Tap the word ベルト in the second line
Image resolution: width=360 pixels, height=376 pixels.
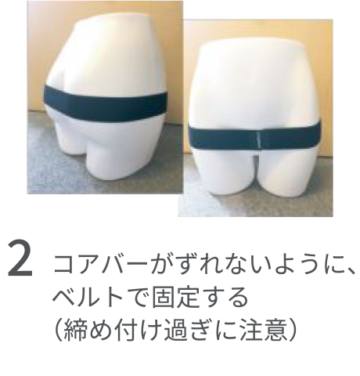point(88,297)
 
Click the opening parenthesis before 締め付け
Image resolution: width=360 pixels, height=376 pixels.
point(59,330)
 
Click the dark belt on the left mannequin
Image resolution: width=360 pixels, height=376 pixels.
point(105,103)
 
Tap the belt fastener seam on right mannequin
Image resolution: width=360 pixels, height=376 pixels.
point(257,139)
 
